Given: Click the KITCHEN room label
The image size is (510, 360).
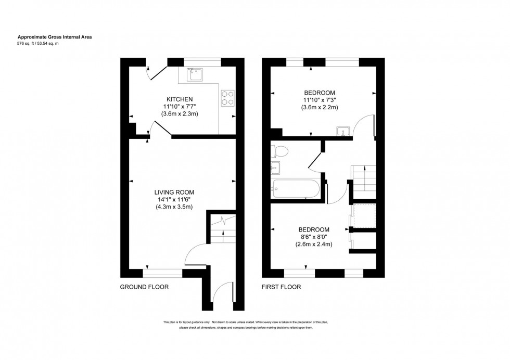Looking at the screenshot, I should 180,99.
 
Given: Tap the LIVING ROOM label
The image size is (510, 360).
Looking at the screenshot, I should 174,192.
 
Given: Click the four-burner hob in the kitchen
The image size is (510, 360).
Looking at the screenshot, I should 227,98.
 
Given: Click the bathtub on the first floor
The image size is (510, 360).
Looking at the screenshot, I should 295,188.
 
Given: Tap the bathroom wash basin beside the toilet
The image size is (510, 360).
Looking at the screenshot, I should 276,168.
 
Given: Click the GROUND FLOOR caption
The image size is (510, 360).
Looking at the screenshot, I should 144,287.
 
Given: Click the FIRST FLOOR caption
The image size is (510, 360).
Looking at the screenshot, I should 282,287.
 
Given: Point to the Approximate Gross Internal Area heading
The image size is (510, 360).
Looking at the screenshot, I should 55,37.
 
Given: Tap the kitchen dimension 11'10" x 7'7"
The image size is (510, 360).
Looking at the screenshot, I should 180,106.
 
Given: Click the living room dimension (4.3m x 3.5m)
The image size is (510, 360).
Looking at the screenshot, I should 174,207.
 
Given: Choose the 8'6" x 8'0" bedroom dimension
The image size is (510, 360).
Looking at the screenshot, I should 313,237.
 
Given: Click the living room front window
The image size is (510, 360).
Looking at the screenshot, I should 163,272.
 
